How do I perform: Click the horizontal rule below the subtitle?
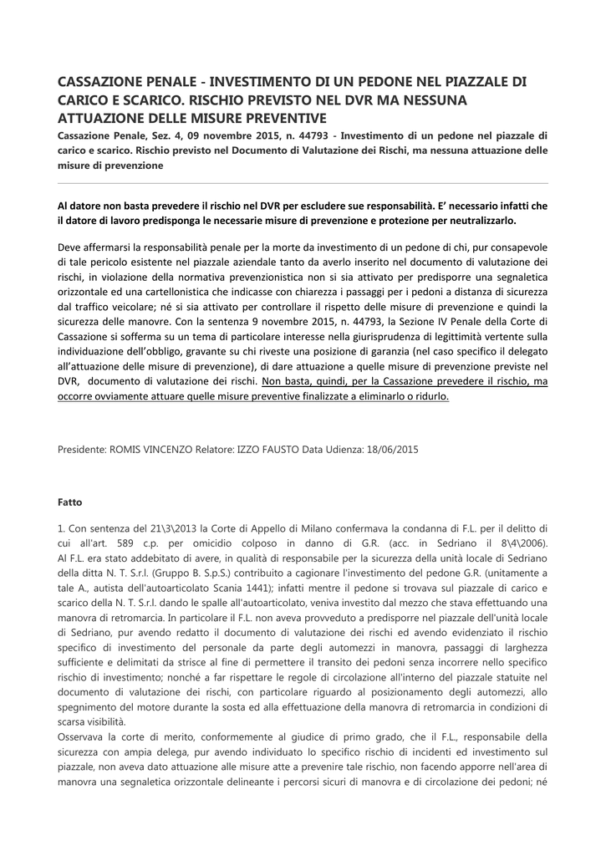tap(303, 183)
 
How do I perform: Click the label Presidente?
tap(82, 449)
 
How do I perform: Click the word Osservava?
tap(86, 736)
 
